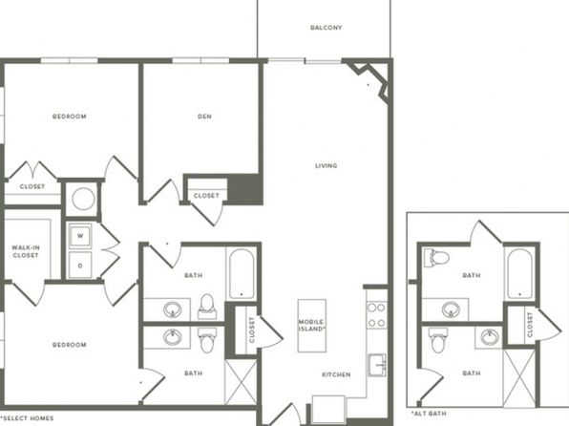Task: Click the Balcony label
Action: tap(327, 28)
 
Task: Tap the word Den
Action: tap(204, 117)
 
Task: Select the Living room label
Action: tap(326, 166)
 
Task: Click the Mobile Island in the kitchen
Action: tap(312, 326)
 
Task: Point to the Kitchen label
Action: tap(336, 374)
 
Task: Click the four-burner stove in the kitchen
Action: tap(376, 315)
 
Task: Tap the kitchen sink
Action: tap(377, 365)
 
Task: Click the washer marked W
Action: tap(80, 236)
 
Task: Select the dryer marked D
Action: tap(80, 266)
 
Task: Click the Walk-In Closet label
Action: tap(26, 251)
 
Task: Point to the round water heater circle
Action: tap(83, 199)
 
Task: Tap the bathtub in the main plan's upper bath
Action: tap(242, 274)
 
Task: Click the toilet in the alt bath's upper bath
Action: tap(436, 258)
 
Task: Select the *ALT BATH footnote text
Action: tap(429, 414)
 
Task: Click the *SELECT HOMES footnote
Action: tap(27, 418)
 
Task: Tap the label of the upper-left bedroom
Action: tap(70, 117)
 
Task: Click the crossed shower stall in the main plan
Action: tap(241, 381)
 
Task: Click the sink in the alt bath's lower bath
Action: tap(490, 337)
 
